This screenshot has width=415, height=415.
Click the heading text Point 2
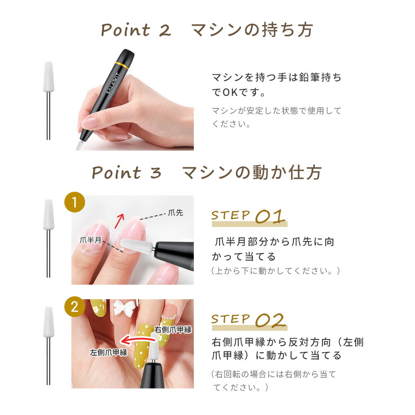click(136, 30)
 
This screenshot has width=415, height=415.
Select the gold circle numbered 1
click(75, 203)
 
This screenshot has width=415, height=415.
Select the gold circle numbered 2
click(75, 308)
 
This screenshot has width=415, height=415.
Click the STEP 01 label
click(249, 216)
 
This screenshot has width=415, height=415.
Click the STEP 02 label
click(249, 320)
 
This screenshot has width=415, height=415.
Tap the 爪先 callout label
click(175, 213)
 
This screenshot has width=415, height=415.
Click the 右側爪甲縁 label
click(173, 330)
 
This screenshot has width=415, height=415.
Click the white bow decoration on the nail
click(122, 309)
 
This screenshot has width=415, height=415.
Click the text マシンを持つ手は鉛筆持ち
click(276, 78)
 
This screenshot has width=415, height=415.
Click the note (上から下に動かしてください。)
click(276, 271)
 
